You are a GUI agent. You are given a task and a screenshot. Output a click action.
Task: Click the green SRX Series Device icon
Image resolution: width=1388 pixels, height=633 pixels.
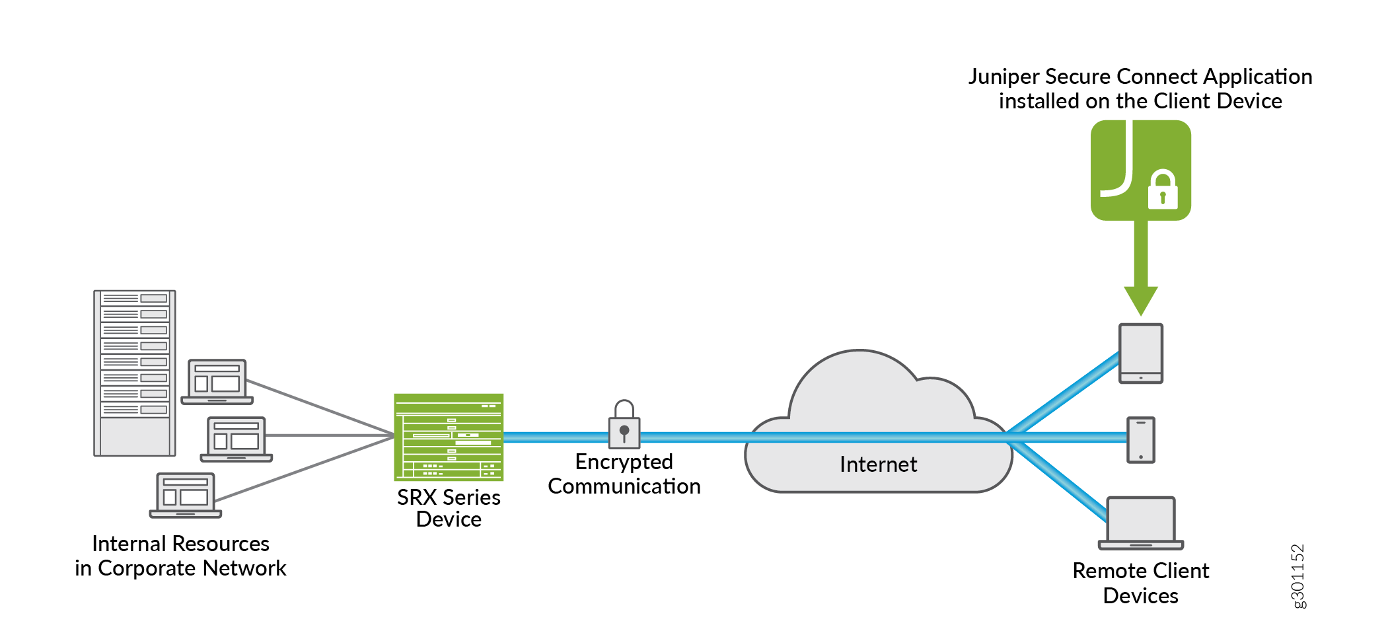click(449, 437)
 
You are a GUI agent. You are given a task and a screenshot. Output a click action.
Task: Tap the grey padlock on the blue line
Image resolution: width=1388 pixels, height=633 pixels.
click(624, 426)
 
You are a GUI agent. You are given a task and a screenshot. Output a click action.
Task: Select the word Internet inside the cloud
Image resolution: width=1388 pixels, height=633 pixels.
click(878, 465)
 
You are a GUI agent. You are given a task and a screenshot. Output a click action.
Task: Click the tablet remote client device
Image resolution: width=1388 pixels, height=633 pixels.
click(1140, 353)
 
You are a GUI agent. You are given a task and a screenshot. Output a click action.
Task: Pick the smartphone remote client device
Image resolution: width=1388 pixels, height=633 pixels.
click(1140, 439)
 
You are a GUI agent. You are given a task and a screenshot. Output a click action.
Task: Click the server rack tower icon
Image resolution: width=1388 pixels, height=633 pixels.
click(135, 373)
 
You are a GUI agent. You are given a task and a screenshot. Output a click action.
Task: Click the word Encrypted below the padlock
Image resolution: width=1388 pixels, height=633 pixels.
click(624, 461)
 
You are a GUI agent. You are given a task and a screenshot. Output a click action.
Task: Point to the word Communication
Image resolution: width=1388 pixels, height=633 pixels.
click(624, 486)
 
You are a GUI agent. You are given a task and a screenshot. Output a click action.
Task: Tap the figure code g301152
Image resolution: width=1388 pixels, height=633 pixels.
click(1297, 576)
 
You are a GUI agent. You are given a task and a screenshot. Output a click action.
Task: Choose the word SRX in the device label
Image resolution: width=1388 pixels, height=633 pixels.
click(417, 497)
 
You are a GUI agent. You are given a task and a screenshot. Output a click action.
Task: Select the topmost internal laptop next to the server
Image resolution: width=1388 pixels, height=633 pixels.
click(217, 382)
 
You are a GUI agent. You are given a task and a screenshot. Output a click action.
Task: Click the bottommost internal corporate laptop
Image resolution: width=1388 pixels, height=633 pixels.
click(186, 496)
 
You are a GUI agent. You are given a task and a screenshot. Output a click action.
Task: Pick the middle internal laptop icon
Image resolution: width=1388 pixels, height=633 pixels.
click(237, 439)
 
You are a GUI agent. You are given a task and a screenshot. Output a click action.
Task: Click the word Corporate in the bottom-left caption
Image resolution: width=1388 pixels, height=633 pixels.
click(147, 568)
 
